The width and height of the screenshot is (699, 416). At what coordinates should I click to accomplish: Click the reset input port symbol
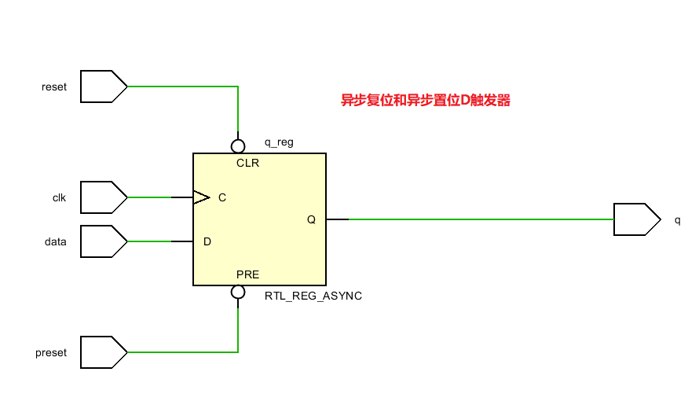click(x=103, y=87)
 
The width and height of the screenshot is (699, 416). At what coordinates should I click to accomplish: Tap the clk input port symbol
click(x=103, y=197)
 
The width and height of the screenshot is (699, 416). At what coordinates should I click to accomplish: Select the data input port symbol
click(x=103, y=241)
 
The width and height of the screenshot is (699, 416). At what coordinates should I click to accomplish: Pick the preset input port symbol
click(x=103, y=352)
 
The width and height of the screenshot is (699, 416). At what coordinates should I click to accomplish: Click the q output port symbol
click(x=636, y=219)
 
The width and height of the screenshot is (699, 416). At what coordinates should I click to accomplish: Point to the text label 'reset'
click(x=54, y=87)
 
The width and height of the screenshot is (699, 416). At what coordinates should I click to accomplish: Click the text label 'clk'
click(x=59, y=197)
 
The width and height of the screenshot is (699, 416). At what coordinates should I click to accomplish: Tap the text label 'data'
click(x=56, y=241)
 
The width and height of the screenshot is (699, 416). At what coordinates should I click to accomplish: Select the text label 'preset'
click(x=52, y=352)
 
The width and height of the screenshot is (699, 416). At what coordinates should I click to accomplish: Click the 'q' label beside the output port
click(x=678, y=219)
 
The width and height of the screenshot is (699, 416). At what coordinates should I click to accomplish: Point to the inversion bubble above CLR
click(x=238, y=146)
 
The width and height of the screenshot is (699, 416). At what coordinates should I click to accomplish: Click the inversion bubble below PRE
click(x=238, y=293)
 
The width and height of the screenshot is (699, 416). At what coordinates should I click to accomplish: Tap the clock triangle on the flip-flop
click(x=201, y=197)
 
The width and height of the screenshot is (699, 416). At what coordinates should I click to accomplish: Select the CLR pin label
click(x=247, y=164)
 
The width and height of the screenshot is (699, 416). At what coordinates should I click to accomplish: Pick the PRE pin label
click(x=247, y=274)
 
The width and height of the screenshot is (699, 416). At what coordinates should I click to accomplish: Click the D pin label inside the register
click(x=207, y=241)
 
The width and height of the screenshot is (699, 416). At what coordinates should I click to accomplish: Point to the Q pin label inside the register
click(x=311, y=219)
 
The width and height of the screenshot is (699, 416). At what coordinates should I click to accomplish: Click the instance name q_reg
click(x=279, y=142)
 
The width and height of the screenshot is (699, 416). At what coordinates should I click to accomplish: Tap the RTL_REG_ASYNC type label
click(x=313, y=296)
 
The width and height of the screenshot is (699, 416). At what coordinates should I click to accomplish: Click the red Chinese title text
click(x=425, y=101)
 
